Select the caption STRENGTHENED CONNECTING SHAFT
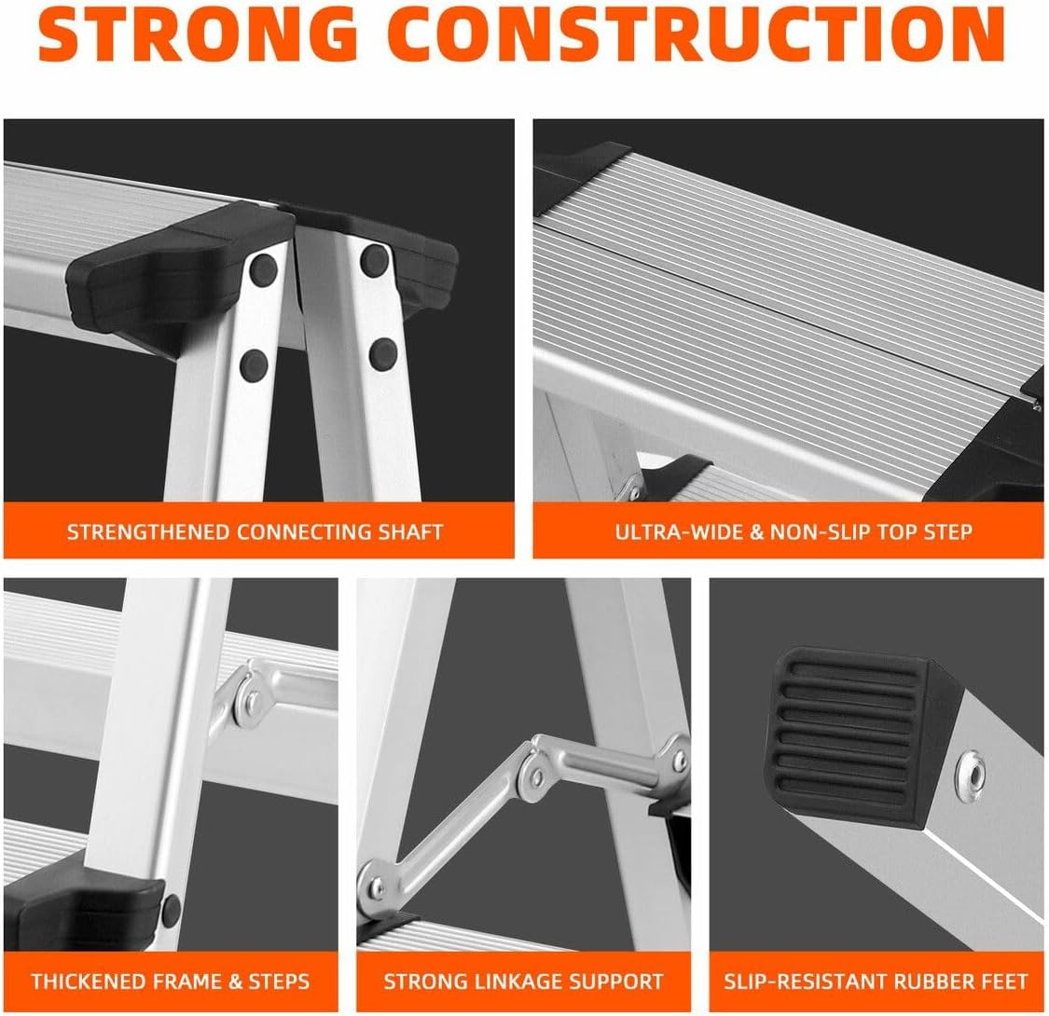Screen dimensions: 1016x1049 [255, 532]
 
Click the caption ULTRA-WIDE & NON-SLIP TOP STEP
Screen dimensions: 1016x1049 [793, 532]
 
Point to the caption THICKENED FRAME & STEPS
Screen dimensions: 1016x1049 [171, 981]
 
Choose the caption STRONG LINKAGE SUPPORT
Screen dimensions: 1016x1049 [523, 981]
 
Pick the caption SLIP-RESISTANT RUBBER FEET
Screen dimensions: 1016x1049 [877, 981]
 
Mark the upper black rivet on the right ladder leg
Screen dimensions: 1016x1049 [375, 256]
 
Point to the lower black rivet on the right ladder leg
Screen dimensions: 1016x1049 [381, 352]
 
